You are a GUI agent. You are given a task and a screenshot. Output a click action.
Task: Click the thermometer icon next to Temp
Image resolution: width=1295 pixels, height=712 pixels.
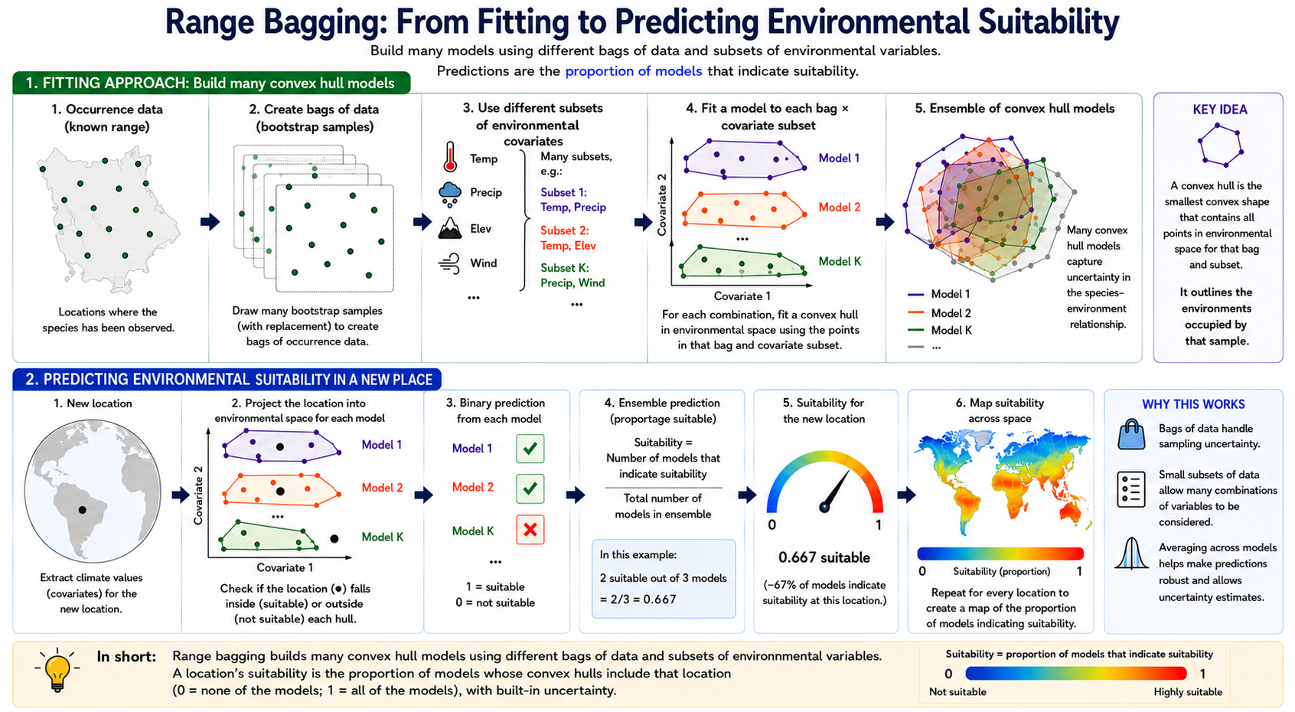coord(450,157)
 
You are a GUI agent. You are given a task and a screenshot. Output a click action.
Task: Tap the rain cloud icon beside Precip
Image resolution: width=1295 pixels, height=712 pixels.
coord(450,194)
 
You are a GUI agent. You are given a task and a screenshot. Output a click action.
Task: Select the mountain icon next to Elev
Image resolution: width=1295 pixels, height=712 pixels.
coord(450,228)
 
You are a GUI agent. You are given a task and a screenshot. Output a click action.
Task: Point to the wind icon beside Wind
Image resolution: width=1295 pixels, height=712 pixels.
coord(449,263)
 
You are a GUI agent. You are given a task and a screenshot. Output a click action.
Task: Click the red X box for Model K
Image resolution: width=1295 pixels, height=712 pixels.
coord(530,530)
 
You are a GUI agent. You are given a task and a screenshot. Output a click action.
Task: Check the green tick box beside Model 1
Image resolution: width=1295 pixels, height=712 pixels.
coord(530,448)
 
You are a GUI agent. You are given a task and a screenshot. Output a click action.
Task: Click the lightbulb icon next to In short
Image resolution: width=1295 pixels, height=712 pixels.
coord(57,670)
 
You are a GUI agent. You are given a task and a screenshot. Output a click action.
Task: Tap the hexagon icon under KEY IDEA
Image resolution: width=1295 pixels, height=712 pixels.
coord(1220,145)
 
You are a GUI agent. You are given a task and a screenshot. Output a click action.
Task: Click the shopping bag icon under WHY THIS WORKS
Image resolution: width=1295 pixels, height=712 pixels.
coord(1131,434)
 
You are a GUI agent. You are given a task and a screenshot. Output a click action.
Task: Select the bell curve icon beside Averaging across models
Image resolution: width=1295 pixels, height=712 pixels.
coord(1131,554)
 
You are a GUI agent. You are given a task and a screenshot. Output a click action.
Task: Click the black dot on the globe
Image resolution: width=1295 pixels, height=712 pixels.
coord(82,510)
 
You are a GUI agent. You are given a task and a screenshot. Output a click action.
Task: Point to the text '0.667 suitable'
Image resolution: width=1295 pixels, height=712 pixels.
coord(824,557)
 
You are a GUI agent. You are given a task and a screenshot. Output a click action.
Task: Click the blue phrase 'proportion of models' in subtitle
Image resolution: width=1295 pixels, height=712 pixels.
coord(634,71)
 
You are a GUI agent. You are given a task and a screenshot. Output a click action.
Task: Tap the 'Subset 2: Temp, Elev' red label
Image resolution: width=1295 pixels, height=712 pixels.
coord(569,238)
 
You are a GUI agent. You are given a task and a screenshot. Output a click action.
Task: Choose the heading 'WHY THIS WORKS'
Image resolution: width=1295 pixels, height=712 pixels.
coord(1193,404)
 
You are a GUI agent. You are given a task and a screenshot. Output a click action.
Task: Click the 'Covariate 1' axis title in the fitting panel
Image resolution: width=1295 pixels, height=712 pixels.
coord(742,296)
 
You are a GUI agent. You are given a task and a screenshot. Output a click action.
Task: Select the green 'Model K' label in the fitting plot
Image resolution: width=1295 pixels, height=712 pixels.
coord(840,261)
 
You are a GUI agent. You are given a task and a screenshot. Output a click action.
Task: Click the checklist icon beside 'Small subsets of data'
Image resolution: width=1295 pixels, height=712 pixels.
coord(1131,490)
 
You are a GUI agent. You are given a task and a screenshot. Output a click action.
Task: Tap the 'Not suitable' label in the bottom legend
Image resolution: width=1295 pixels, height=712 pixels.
coord(957,692)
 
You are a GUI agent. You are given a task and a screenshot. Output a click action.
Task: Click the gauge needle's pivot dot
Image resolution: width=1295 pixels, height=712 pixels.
coord(824,508)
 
